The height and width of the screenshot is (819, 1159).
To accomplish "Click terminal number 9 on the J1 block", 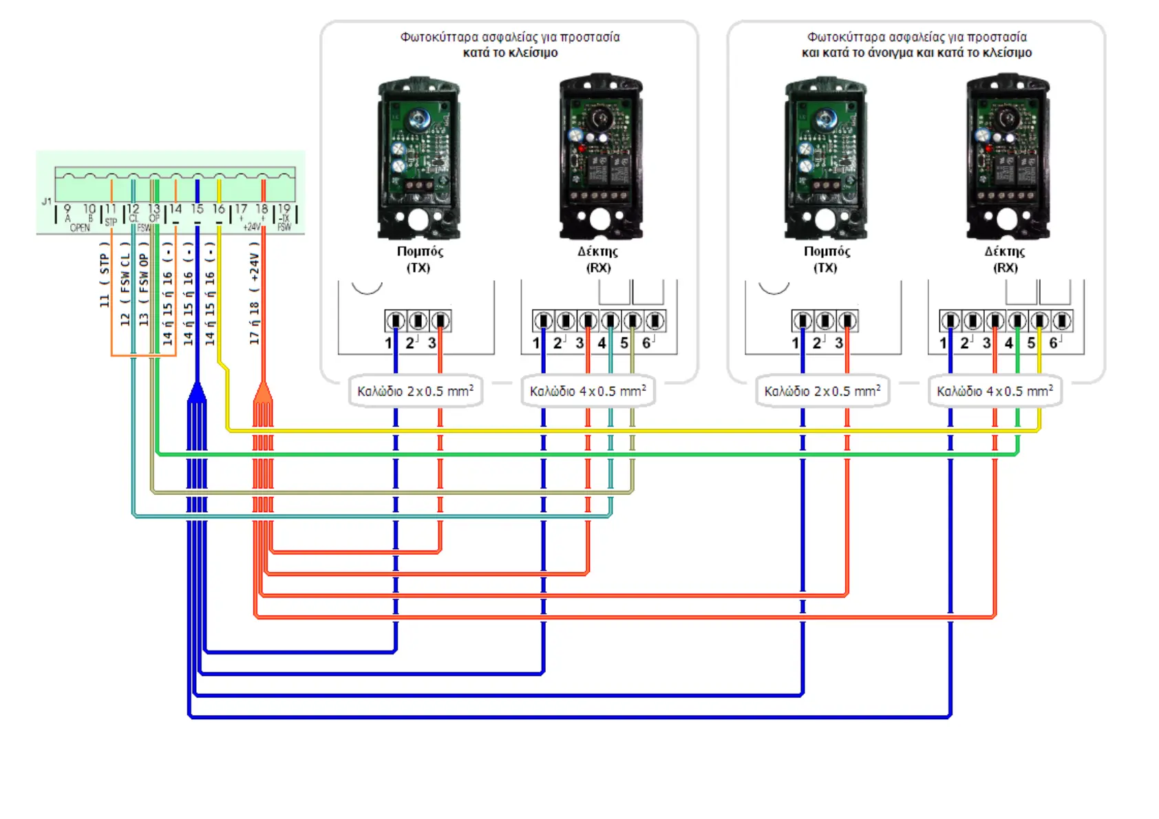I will pos(67,208).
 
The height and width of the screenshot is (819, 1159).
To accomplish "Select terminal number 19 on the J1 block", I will pos(284,208).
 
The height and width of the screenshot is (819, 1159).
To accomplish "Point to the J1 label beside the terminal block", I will pos(46,201).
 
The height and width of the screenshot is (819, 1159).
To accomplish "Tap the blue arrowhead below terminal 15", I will pos(197,392).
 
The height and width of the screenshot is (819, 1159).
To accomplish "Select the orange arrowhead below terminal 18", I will pos(263,392).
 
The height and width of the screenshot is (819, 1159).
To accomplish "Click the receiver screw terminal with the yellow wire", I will pos(1039,321).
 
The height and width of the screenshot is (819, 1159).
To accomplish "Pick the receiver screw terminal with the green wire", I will pos(1017,321).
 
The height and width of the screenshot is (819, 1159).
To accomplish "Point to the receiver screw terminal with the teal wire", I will pos(610,321).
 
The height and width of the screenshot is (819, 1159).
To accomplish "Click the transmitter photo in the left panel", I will pos(418,158).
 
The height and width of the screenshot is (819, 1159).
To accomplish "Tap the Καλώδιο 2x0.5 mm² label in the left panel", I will pos(415,391).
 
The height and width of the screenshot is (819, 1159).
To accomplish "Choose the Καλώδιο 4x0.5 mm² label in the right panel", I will pos(995,391).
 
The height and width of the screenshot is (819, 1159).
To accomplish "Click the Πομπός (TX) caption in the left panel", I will pos(419,259).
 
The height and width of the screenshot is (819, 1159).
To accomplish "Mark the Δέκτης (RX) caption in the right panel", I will pos(1005,259).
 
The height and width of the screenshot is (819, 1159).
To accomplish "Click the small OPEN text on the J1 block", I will pos(80,228).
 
